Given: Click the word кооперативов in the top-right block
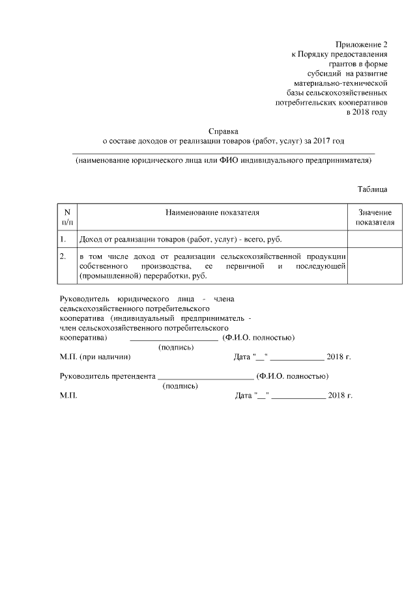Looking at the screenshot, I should tap(361, 103).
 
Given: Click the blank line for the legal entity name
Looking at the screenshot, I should tap(223, 153).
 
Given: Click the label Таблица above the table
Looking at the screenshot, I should tap(372, 189).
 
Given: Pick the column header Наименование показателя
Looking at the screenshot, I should tap(212, 213).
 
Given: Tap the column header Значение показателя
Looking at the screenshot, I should tap(375, 217).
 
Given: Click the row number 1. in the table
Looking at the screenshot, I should tap(63, 240).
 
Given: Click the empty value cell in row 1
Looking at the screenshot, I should tap(375, 240).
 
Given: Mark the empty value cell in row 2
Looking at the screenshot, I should tap(375, 267).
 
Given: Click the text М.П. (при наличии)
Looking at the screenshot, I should tap(95, 357).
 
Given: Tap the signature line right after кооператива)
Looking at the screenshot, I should tap(174, 339).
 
